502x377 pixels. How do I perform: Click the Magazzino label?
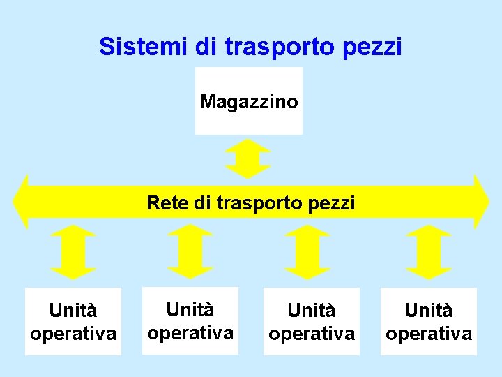coord(249,102)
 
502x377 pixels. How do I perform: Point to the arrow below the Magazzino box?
coord(248,159)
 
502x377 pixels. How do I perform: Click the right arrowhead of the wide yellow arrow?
coord(480,202)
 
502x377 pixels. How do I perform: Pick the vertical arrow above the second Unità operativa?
coord(190,252)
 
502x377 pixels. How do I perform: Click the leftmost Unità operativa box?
coord(73,321)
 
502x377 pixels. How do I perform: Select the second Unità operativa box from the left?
coord(190,320)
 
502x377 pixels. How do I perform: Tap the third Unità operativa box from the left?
coord(312,321)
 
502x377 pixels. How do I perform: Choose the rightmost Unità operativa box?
coord(429,321)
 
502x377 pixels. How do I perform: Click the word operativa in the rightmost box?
coord(429,334)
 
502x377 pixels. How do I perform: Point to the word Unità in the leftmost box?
coord(73,310)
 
